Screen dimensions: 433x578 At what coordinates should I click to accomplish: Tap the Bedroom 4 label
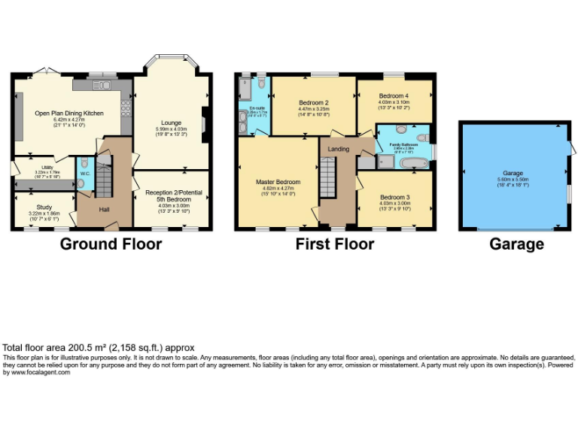pos(394,96)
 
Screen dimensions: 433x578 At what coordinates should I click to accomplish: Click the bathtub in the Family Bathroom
pos(413,162)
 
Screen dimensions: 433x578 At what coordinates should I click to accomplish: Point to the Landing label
pos(339,149)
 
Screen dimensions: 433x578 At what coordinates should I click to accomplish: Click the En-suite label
pos(257,109)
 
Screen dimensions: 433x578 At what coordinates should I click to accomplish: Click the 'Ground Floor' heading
pos(111,244)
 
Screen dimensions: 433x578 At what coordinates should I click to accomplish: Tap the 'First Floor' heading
pos(335,244)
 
